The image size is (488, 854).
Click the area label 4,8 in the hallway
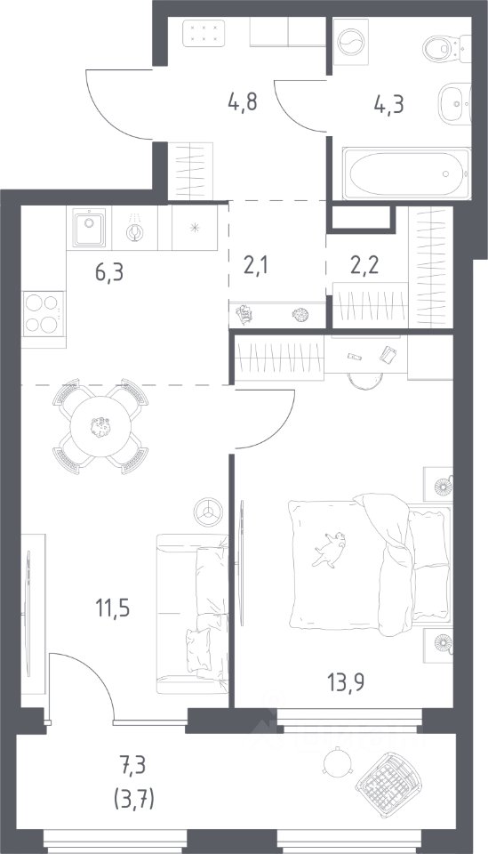[x=242, y=102]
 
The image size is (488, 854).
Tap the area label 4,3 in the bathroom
[x=388, y=103]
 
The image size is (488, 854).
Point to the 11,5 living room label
[x=113, y=608]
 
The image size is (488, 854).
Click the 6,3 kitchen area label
[x=109, y=271]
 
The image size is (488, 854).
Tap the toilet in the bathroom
[x=446, y=47]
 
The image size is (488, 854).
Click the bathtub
[x=406, y=174]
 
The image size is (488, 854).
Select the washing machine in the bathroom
[x=348, y=38]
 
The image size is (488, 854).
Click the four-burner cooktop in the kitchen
[x=44, y=313]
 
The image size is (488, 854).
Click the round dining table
[x=100, y=426]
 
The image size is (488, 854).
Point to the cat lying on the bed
[x=329, y=550]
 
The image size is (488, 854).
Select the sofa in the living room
[x=193, y=613]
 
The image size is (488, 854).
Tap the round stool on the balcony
[x=333, y=761]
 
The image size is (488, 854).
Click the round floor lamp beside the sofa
[x=207, y=512]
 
